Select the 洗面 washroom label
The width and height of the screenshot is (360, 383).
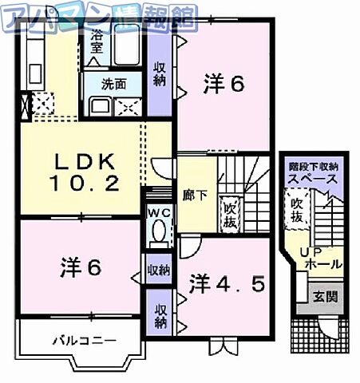113,83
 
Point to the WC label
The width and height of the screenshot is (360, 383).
157,212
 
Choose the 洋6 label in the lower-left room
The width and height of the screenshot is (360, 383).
80,267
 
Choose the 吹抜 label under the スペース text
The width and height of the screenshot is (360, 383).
297,210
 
